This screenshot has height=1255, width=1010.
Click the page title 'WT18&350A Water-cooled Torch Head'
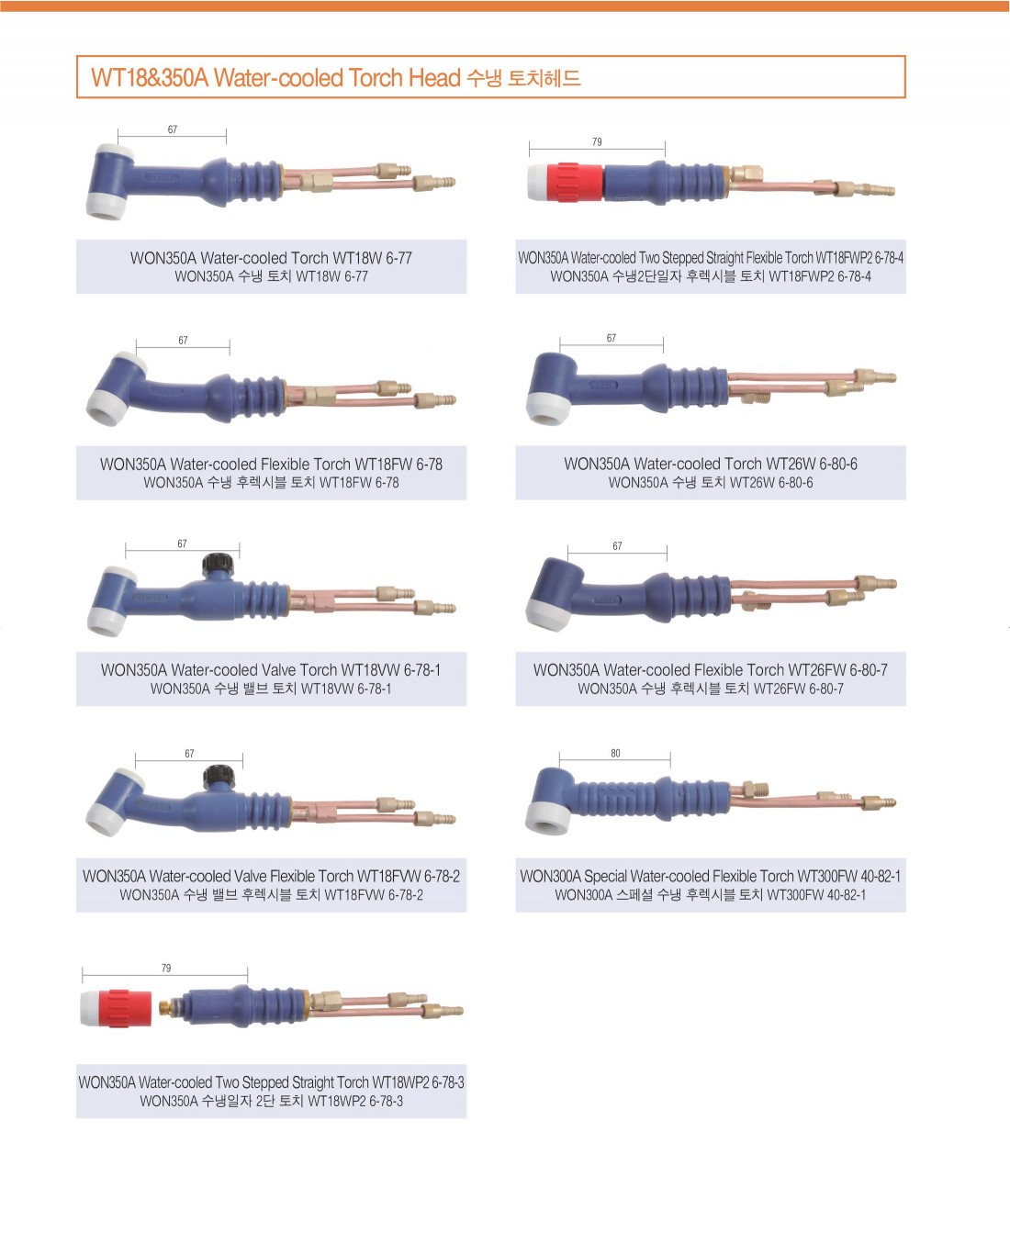275,77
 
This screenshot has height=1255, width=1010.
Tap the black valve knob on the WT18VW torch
219,565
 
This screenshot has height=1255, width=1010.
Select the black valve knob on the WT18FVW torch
219,776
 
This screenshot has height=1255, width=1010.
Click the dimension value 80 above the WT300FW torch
615,753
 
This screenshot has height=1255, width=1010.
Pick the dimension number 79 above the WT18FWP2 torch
596,141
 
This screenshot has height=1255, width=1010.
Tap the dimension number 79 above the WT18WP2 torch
165,968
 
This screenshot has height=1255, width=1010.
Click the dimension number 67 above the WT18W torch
172,129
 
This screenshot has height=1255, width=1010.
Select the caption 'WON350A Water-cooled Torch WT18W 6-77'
271,258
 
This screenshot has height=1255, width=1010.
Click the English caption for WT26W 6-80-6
710,464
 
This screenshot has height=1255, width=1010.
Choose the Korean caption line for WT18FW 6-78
271,482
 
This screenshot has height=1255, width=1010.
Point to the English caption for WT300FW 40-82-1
710,875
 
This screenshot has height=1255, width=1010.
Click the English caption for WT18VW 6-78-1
271,669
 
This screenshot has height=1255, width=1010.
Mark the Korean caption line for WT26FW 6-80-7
710,689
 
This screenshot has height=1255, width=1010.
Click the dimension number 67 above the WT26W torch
611,338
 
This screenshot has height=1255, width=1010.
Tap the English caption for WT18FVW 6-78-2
271,875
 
